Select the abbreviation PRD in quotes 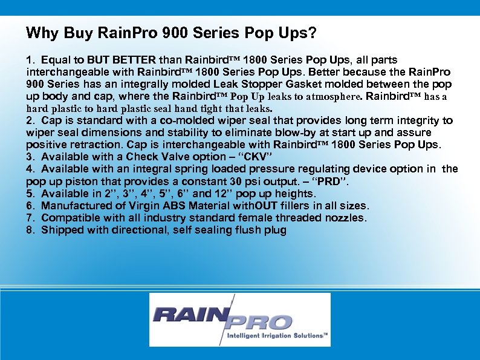[x=331, y=182]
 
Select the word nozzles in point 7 [x=346, y=218]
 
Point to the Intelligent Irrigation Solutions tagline [x=276, y=335]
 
